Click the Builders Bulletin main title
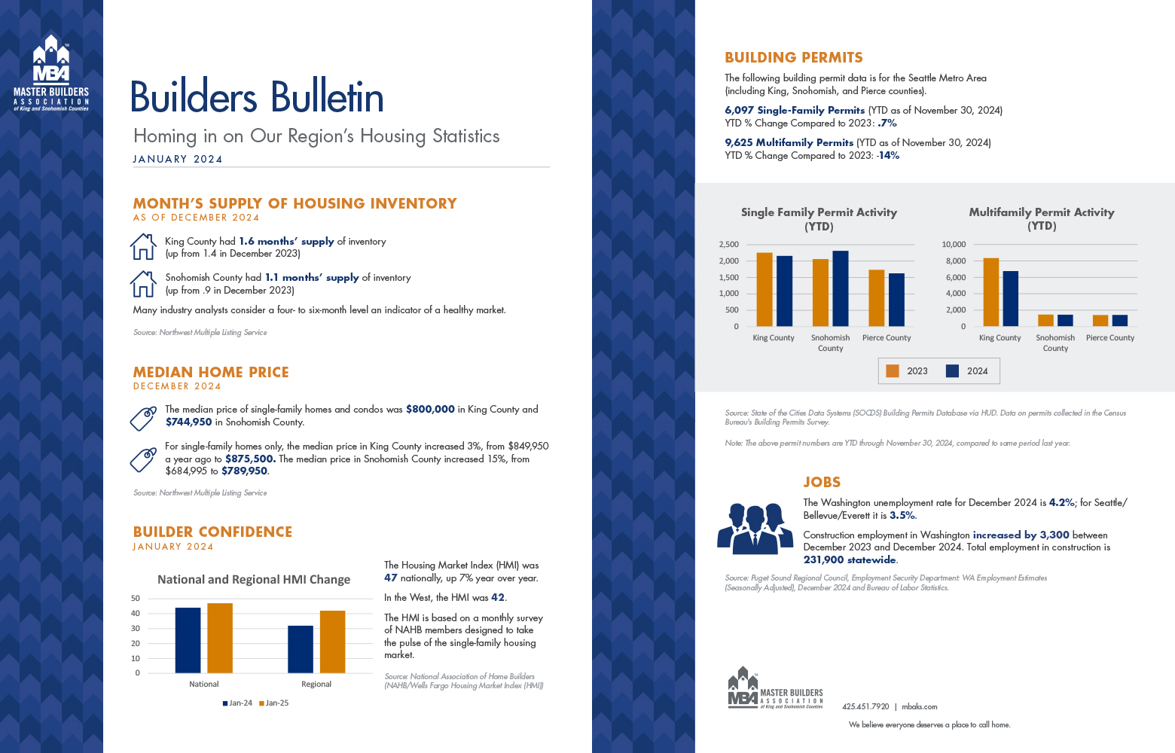coord(257,97)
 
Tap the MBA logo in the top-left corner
coord(51,73)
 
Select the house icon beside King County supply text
coord(143,247)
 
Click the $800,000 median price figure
coord(430,410)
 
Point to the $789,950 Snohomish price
coord(244,471)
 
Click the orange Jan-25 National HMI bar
coord(220,638)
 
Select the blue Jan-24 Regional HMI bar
coord(301,649)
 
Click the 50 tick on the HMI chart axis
coord(136,599)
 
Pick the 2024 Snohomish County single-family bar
coord(840,288)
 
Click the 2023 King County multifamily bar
coord(991,292)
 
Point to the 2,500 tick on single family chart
coord(728,245)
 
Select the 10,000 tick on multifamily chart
coord(954,245)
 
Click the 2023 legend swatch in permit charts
coord(893,371)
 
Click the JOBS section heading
coord(822,483)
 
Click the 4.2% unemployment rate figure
coord(1061,503)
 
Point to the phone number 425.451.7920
coord(865,707)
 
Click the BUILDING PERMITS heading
coord(794,58)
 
